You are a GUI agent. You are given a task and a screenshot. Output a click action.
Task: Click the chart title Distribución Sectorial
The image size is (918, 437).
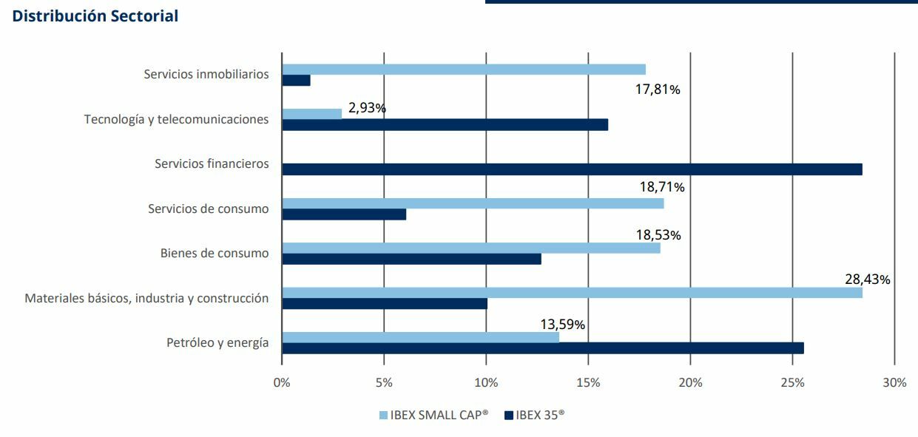[x=95, y=16]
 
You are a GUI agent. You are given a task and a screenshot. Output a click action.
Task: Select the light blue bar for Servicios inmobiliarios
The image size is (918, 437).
[x=464, y=70]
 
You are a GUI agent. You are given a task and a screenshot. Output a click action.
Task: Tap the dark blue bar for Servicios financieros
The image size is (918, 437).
[x=572, y=169]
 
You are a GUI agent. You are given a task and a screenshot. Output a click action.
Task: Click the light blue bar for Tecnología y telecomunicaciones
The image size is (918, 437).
[x=312, y=114]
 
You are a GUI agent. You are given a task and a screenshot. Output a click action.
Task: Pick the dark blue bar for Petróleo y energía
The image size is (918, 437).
[x=542, y=348]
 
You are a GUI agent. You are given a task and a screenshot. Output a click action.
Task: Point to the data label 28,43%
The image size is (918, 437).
[x=867, y=280]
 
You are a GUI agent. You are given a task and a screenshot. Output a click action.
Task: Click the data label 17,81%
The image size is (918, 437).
[x=658, y=89]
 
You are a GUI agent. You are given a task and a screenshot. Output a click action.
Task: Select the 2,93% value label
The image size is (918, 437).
[x=367, y=108]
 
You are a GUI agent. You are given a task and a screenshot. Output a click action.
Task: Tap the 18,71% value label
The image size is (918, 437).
[x=662, y=187]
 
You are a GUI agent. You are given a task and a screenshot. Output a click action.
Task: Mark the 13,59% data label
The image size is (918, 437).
[x=563, y=325]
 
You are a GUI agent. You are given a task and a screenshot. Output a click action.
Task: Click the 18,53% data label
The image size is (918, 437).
[x=658, y=235]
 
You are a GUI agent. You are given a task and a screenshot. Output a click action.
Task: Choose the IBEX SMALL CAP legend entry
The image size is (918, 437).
[x=433, y=416]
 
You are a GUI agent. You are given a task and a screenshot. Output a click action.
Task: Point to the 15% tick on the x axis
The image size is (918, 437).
[x=588, y=383]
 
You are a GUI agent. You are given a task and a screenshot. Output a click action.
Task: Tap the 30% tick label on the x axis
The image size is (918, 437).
[x=894, y=383]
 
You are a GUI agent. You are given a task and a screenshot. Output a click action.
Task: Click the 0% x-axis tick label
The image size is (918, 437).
[x=282, y=383]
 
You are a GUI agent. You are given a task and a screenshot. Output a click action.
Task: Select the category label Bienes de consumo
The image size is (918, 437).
[x=215, y=254]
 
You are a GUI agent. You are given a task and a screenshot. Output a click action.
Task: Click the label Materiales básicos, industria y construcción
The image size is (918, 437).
[x=146, y=298]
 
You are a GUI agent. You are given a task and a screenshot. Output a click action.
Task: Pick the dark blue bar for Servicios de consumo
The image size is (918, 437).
[x=344, y=214]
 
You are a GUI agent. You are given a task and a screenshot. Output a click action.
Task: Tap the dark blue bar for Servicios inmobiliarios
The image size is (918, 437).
[x=296, y=81]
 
